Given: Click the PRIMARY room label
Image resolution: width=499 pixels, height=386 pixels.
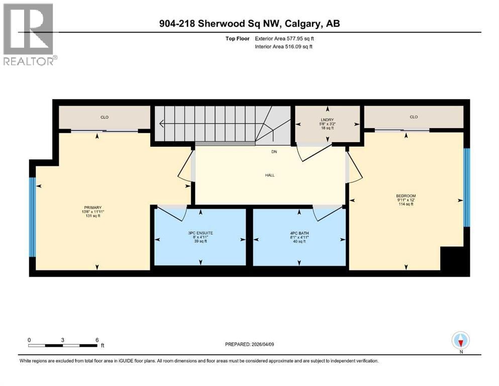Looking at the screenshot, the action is click(x=92, y=208).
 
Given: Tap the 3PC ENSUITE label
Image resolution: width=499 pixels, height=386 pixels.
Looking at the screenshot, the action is click(x=201, y=233).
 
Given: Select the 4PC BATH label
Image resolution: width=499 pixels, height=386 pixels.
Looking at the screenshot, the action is click(x=299, y=233).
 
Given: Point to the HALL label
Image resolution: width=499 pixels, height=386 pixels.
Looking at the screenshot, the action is click(x=270, y=175).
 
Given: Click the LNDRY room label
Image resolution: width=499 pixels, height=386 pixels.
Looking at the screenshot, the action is click(x=327, y=120).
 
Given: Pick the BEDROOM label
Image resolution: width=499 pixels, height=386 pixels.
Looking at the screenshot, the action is click(x=406, y=196).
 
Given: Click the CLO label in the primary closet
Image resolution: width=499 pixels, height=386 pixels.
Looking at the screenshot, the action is click(x=105, y=117).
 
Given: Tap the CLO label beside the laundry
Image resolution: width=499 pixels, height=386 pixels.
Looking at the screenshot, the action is click(x=414, y=117).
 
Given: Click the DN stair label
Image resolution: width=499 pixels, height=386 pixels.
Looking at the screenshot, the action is click(x=274, y=152).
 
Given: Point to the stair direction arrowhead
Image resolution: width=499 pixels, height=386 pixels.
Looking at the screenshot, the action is click(x=162, y=123).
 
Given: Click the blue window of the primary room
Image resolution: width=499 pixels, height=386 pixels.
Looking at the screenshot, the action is click(x=33, y=217).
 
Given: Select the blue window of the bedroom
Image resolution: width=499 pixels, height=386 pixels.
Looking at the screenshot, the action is click(x=466, y=187).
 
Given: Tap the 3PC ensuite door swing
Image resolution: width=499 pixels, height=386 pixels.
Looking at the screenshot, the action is click(x=173, y=214).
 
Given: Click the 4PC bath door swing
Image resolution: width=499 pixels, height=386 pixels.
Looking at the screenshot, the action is click(x=327, y=213).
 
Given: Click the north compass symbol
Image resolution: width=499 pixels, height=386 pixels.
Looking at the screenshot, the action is click(x=460, y=340).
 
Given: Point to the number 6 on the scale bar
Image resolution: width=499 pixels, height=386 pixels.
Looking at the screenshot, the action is click(x=97, y=340).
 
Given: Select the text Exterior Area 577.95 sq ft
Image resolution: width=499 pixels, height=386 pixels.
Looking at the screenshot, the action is click(x=284, y=39).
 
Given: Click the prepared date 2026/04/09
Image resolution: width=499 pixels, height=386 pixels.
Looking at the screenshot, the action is click(x=262, y=344).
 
